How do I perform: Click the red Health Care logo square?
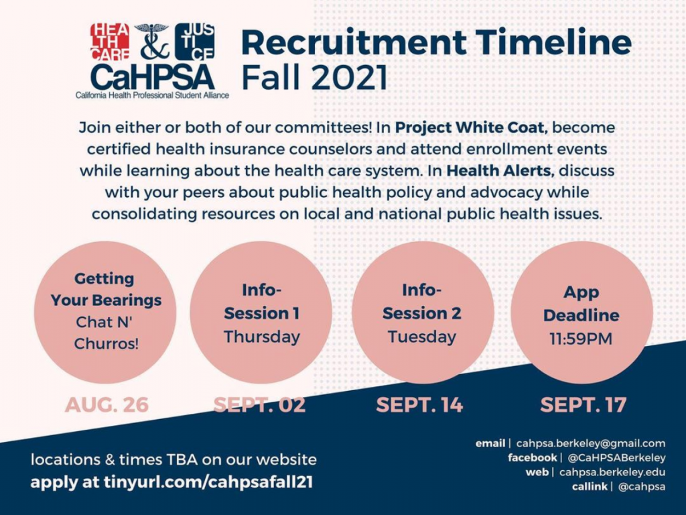[110, 41]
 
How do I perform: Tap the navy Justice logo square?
[195, 41]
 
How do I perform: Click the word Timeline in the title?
[553, 42]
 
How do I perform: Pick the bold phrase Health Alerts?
[500, 170]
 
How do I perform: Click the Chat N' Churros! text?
[105, 333]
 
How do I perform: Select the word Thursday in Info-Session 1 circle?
[262, 337]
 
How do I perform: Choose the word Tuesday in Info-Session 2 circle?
[422, 337]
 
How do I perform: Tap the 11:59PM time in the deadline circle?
[581, 339]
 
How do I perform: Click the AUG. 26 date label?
[107, 404]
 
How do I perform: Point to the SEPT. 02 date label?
[259, 404]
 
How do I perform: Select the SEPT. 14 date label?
[419, 404]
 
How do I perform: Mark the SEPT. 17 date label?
[584, 404]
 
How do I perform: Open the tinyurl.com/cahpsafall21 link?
[208, 482]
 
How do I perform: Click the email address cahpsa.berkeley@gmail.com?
[591, 444]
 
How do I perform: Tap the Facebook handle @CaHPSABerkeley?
[616, 458]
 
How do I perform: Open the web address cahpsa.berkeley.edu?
[612, 473]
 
